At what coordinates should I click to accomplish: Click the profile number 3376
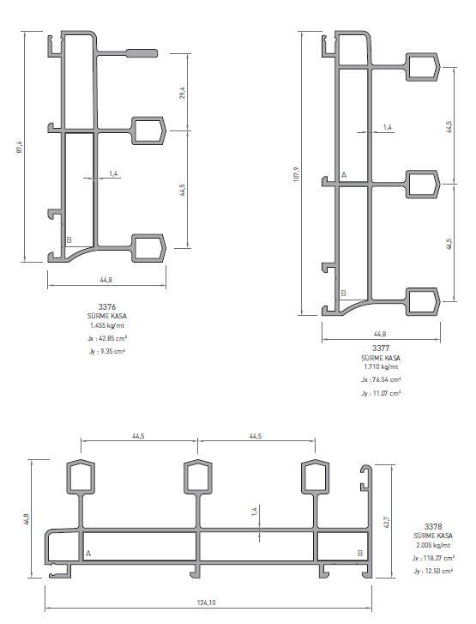(x=107, y=306)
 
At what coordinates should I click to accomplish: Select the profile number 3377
(x=381, y=348)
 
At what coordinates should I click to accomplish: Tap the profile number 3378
(x=432, y=526)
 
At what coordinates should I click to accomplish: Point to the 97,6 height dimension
(x=20, y=147)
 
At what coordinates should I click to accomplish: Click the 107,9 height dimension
(x=296, y=174)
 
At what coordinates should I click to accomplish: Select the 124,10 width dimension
(x=207, y=603)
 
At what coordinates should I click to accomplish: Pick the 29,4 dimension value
(x=182, y=93)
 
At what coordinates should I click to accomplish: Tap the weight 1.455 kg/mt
(x=107, y=325)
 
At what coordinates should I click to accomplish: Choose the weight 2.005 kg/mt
(x=432, y=545)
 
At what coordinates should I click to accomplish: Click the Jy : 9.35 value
(x=107, y=351)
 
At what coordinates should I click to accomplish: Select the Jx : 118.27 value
(x=433, y=558)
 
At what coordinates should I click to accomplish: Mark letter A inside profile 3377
(x=344, y=175)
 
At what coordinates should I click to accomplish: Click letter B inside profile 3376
(x=69, y=240)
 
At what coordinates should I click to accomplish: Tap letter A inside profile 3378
(x=88, y=554)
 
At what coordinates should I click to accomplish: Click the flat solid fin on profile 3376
(x=142, y=53)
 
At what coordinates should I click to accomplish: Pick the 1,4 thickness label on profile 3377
(x=388, y=127)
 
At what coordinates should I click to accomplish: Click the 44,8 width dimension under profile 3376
(x=105, y=280)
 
